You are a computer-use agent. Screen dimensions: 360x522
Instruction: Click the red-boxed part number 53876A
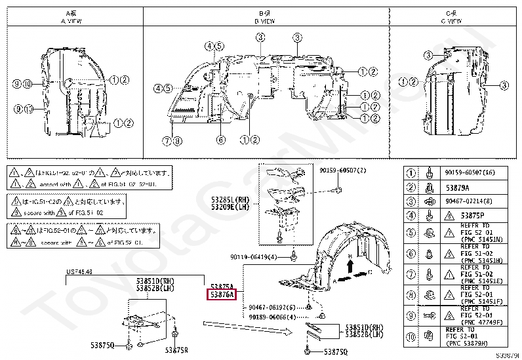(222, 295)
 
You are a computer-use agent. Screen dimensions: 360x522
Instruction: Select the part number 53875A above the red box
(222, 286)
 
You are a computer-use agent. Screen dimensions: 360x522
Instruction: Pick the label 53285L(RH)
(230, 199)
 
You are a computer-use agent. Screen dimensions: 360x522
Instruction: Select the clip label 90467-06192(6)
(273, 306)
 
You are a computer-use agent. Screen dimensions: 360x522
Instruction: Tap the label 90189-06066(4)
(273, 316)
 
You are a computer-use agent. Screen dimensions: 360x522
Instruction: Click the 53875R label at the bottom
(176, 349)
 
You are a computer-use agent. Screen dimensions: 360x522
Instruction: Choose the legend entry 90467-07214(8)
(469, 201)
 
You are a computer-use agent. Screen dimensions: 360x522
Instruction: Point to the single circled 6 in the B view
(220, 139)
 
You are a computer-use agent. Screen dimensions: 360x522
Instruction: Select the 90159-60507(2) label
(343, 170)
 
